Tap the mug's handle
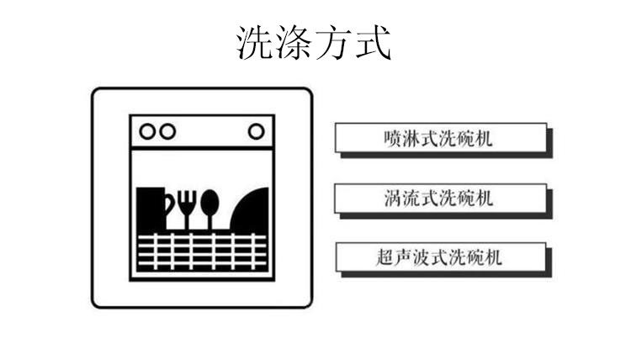point(170,203)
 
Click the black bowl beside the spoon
point(250,210)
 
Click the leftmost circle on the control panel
point(147,131)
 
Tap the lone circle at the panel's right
point(257,131)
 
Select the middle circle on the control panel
point(167,131)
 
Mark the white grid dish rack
point(202,251)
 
